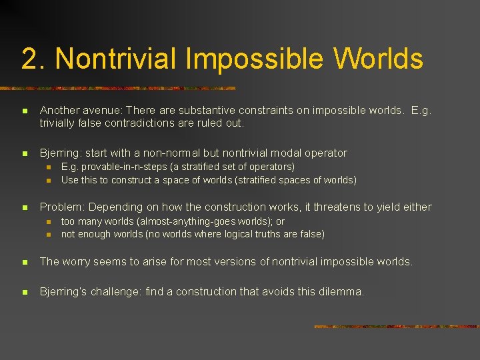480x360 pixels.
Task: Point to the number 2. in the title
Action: click(x=33, y=59)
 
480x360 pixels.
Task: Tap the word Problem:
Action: click(x=62, y=207)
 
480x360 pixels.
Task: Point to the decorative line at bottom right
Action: click(x=396, y=327)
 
